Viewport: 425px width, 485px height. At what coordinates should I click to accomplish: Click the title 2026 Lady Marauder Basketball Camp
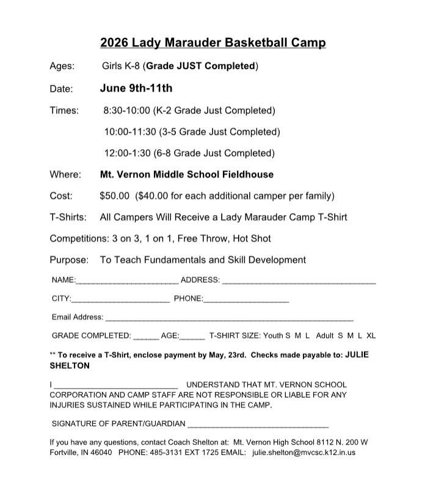pos(212,43)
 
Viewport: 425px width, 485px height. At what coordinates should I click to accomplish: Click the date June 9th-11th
pos(136,88)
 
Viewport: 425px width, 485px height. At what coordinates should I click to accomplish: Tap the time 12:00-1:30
pos(128,153)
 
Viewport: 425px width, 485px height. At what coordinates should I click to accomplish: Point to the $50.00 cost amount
pos(115,196)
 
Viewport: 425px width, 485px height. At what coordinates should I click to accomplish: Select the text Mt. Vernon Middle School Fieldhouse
pos(187,175)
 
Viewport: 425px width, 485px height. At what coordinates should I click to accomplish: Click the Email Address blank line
pos(229,319)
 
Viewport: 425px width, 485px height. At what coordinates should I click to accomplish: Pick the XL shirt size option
pos(371,336)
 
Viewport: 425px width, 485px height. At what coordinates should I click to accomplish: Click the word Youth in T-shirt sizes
pos(273,336)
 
